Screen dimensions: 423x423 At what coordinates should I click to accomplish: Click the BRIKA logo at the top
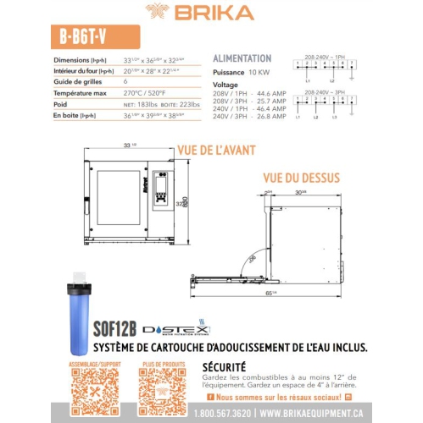click(212, 12)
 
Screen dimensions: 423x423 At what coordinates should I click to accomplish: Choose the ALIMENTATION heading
click(242, 58)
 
